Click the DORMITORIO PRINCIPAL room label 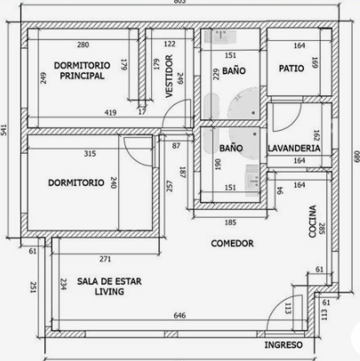[x=82, y=70]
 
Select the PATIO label [x=291, y=68]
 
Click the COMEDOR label [x=232, y=243]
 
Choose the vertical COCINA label [x=313, y=221]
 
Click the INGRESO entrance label [x=284, y=345]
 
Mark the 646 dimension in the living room [x=179, y=316]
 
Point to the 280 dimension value [x=83, y=44]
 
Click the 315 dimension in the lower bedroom [x=90, y=154]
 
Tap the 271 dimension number [x=105, y=259]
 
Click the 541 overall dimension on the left [x=6, y=130]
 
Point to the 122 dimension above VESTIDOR [x=170, y=44]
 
